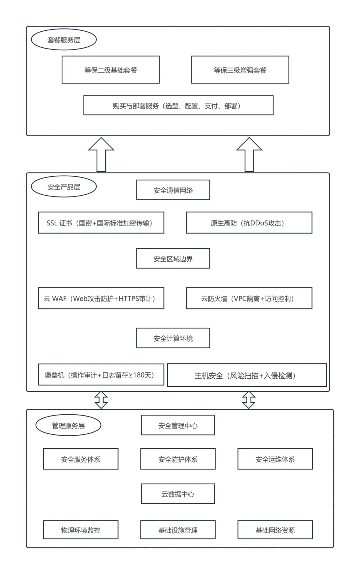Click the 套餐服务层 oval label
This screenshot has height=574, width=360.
64,40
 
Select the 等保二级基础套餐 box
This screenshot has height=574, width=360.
111,70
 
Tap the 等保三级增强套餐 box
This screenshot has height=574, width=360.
240,70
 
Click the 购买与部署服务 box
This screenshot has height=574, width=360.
178,106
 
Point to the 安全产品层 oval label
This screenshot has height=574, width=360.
64,187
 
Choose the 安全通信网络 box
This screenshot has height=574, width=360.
173,190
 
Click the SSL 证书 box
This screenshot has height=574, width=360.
101,223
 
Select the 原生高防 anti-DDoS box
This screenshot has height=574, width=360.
249,223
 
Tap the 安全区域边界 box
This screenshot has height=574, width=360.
173,258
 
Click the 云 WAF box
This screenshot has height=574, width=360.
101,298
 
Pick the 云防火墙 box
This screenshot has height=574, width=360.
249,298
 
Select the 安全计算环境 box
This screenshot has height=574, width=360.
173,338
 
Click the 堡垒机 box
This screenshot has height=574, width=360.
101,375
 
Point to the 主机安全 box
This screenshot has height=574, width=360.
247,375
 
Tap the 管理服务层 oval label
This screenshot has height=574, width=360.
68,425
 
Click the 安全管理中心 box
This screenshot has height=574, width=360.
178,425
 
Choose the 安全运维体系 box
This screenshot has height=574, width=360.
275,459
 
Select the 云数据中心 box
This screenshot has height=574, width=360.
178,494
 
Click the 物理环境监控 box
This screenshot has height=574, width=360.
81,530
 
